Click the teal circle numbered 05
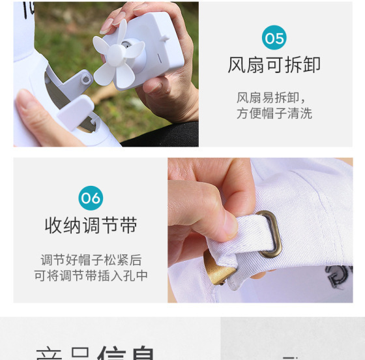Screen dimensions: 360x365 coord(274,38)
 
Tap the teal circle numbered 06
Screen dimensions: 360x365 coord(91,198)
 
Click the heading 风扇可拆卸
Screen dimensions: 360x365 coord(274,65)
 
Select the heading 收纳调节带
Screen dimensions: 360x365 coord(91,226)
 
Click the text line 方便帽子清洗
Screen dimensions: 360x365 coord(274,113)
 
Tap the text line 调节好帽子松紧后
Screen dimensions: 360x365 coord(91,260)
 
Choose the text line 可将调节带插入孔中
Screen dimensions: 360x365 coord(91,275)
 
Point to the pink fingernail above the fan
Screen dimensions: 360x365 coord(107,25)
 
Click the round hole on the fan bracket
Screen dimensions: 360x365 coord(85,80)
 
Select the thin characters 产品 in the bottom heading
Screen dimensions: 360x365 coord(61,353)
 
